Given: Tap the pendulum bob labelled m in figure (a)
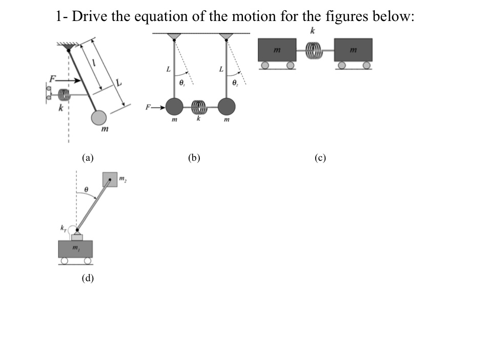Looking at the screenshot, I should click(x=98, y=118).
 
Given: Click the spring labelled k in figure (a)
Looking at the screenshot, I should click(x=64, y=95).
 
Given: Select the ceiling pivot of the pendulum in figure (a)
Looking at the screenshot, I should click(x=69, y=48).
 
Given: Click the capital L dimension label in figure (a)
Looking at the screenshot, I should click(x=119, y=82).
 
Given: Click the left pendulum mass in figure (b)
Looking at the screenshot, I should click(x=175, y=107).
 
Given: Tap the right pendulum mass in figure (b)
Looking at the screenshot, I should click(x=226, y=107).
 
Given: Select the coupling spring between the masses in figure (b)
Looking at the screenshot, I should click(x=199, y=107).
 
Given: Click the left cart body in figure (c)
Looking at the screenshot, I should click(x=278, y=50).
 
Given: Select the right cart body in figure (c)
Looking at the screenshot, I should click(x=353, y=50).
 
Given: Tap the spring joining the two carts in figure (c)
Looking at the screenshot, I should click(x=314, y=50).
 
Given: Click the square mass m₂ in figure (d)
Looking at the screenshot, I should click(x=110, y=179).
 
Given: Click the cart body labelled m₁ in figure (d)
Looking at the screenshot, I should click(x=76, y=249).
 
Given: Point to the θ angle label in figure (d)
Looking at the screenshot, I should click(x=87, y=190).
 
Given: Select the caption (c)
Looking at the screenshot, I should click(x=320, y=158).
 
